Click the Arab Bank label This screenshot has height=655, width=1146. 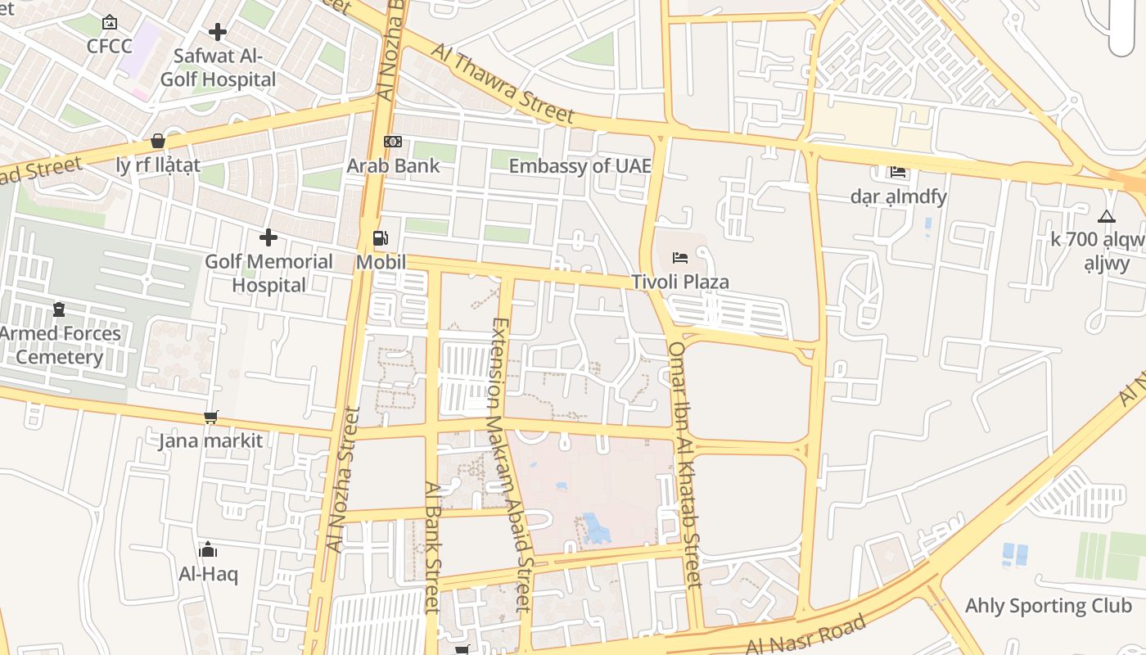tap(393, 165)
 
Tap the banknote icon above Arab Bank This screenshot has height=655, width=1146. tap(393, 142)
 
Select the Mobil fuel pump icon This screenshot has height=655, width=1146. tap(381, 238)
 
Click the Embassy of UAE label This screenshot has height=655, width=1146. tap(580, 166)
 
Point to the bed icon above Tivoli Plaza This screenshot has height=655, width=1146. tap(680, 258)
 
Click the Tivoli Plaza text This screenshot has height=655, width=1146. tap(679, 282)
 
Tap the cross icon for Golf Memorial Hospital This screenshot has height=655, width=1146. tap(268, 238)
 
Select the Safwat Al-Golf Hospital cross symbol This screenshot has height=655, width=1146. tap(218, 32)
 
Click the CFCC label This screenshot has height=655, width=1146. tap(110, 46)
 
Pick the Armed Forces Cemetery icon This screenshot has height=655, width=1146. tap(59, 309)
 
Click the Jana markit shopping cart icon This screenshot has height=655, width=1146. tap(211, 418)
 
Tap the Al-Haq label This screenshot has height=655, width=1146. tap(208, 574)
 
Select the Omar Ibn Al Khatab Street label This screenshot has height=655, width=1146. tap(685, 463)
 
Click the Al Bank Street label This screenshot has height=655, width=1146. tap(431, 546)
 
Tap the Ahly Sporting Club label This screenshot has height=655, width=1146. tap(1049, 606)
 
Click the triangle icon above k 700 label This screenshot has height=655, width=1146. tap(1107, 217)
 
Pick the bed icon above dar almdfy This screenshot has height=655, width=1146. tap(899, 172)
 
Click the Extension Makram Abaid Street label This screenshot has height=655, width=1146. tap(509, 464)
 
